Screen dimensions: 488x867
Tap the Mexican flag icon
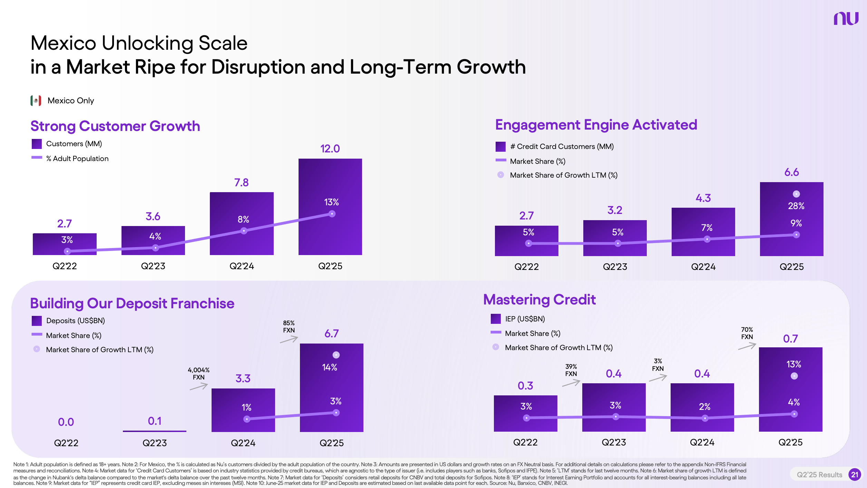coord(36,101)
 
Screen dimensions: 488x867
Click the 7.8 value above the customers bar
coord(241,182)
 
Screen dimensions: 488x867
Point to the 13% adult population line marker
coord(332,214)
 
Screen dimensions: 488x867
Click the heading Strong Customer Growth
coord(115,126)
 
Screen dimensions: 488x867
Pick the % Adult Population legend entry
coord(70,158)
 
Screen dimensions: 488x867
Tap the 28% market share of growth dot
coord(796,194)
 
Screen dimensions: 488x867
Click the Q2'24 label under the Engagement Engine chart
coord(703,267)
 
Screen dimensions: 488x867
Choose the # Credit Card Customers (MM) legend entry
coord(555,147)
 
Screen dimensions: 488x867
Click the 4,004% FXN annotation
coord(198,374)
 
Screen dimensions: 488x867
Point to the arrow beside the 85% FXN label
coord(289,340)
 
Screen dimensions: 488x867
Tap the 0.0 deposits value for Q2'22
coord(66,422)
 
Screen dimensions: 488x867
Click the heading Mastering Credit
coord(539,300)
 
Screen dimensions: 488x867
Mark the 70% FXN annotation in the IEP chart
coord(747,333)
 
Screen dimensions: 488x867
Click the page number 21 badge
coord(855,475)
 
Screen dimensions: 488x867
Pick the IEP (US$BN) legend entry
coord(518,319)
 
